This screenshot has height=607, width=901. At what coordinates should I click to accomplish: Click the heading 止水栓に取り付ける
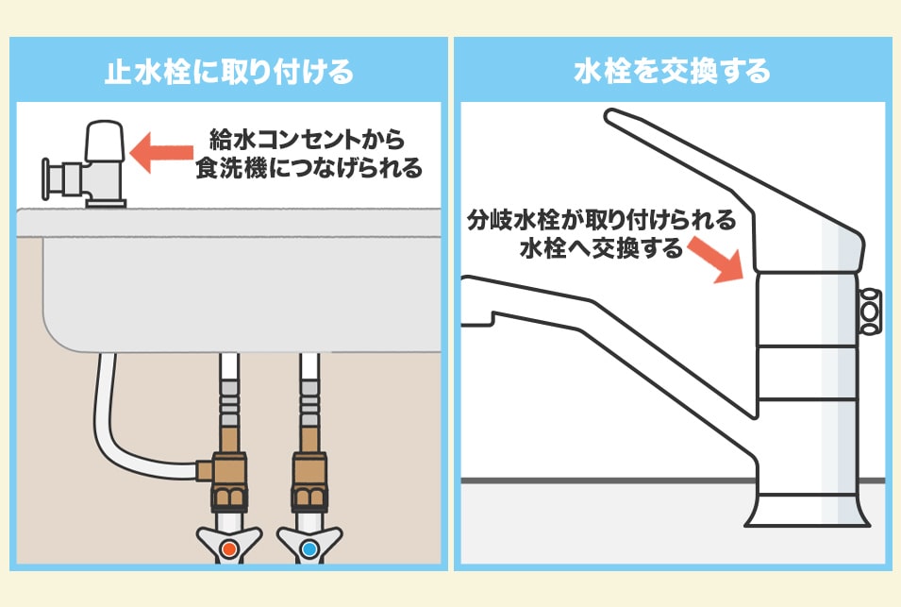(x=228, y=72)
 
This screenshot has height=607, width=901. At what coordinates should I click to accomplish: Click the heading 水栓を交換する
(x=672, y=72)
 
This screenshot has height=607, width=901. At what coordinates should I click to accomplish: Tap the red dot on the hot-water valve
(x=229, y=548)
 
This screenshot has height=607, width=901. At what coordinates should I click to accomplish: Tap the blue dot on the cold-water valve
(x=309, y=548)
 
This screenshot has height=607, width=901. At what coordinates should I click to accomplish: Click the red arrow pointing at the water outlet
(x=161, y=152)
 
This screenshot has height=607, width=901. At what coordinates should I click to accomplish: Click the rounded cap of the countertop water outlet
(x=105, y=141)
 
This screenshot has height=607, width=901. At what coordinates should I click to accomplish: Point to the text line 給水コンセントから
(x=308, y=140)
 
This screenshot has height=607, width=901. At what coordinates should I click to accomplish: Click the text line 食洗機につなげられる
(x=309, y=168)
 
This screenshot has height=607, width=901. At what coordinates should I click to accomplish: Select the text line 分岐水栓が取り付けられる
(x=601, y=220)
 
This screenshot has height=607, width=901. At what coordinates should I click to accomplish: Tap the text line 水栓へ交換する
(x=601, y=248)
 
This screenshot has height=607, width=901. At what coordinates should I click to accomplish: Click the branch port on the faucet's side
(x=870, y=311)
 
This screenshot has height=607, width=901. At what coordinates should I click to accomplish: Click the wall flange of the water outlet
(x=46, y=178)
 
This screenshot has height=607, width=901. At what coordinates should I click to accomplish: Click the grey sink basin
(x=242, y=294)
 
